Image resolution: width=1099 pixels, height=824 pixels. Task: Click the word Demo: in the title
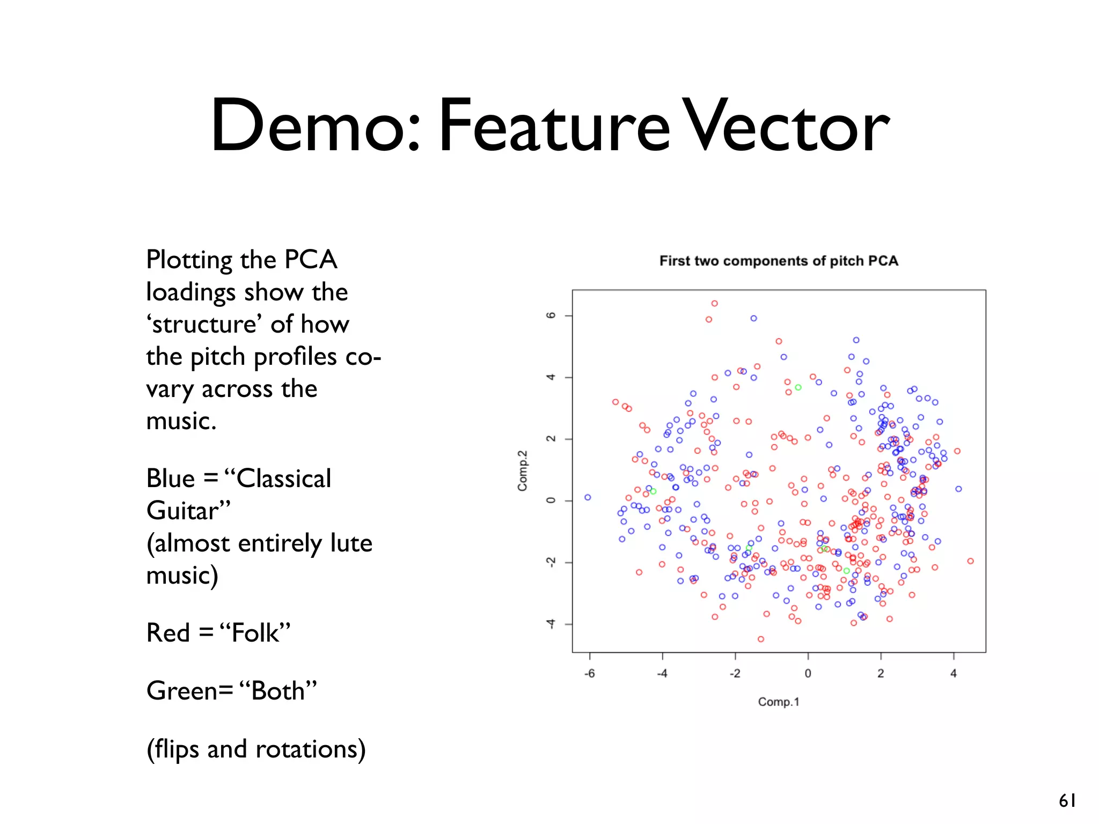click(314, 126)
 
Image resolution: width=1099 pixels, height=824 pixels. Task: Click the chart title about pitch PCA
click(778, 261)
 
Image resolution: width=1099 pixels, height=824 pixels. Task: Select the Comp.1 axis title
click(778, 702)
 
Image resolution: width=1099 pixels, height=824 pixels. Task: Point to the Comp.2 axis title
click(522, 470)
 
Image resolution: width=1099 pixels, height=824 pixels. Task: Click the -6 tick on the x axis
click(589, 674)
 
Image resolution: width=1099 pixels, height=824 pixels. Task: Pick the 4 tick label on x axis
click(953, 674)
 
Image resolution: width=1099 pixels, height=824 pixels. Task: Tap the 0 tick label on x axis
click(808, 674)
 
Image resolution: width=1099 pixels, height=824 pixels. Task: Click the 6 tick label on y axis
click(551, 315)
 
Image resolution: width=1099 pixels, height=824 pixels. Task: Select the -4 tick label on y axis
click(551, 624)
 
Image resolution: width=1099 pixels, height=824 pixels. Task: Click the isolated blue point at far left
click(588, 497)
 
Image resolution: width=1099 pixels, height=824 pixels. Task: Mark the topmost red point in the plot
click(714, 304)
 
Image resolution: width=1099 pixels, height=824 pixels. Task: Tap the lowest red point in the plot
click(760, 639)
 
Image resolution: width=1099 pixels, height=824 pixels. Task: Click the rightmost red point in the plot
click(970, 561)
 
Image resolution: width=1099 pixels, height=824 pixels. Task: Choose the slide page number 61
click(1067, 801)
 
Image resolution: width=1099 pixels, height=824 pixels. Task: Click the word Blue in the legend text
click(171, 478)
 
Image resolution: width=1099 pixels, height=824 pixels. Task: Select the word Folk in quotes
click(255, 632)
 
